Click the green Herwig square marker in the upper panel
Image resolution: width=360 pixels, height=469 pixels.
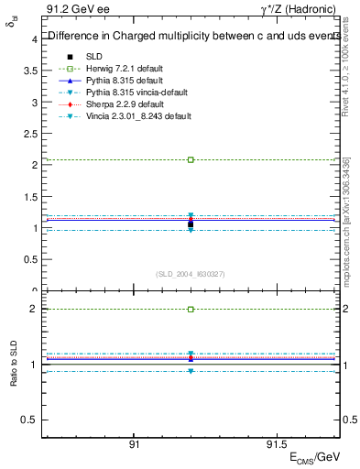point(191,159)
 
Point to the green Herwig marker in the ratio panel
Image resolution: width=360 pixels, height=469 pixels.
point(191,310)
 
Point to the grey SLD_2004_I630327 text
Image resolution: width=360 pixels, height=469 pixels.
point(191,274)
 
